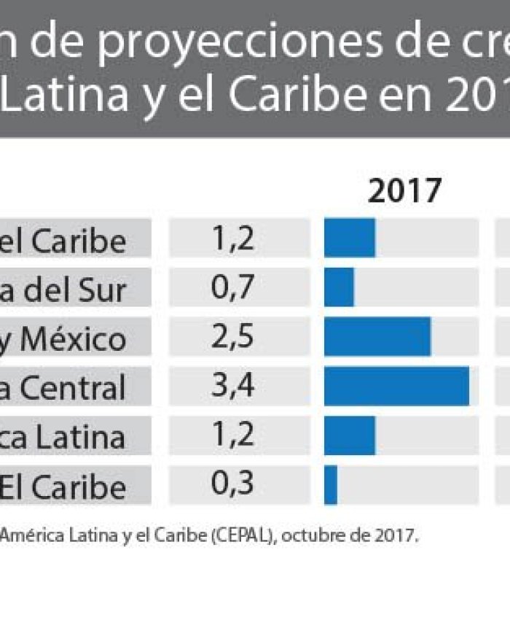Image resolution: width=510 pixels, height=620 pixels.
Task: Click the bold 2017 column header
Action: (404, 191)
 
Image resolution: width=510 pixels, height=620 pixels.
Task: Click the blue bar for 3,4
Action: (396, 387)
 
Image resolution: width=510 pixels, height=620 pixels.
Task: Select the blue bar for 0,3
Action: (331, 485)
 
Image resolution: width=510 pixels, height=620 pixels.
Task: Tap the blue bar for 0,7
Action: (339, 287)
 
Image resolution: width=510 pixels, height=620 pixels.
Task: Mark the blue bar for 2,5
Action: (377, 337)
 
